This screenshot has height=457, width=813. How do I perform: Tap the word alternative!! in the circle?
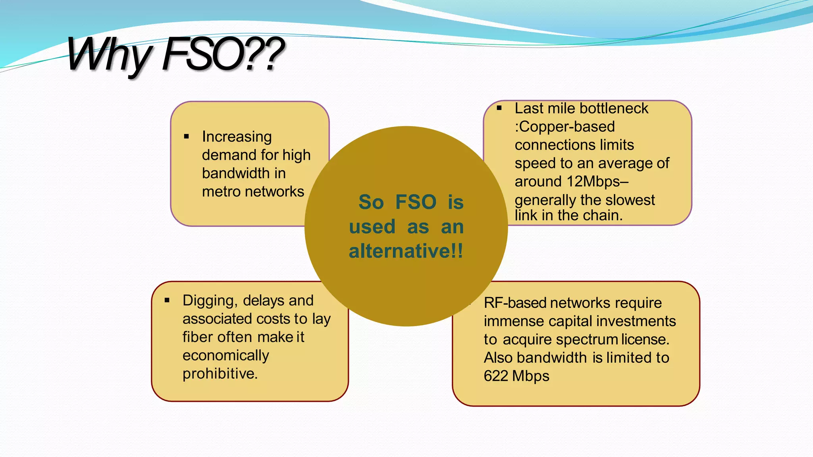point(406,251)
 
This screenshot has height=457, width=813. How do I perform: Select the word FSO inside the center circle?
point(416,202)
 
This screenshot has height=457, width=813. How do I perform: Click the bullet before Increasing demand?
point(187,137)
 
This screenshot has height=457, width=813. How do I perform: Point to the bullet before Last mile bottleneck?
point(499,108)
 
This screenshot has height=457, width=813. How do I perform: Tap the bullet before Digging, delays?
point(167,300)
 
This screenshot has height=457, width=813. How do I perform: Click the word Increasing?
point(237,137)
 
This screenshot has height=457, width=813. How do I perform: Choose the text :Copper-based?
point(564,127)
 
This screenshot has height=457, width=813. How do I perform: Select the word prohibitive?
point(220,374)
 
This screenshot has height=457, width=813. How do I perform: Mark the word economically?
point(225,356)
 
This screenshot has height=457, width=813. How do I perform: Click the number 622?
point(496,376)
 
